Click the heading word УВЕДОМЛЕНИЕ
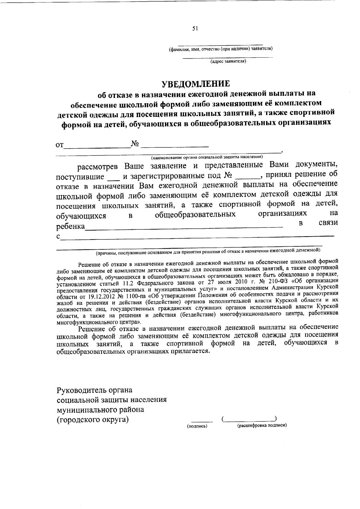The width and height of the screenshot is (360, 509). pos(196,83)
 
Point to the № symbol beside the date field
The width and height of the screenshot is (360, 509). pos(135,144)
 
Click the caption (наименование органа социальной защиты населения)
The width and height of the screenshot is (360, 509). pos(207,156)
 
